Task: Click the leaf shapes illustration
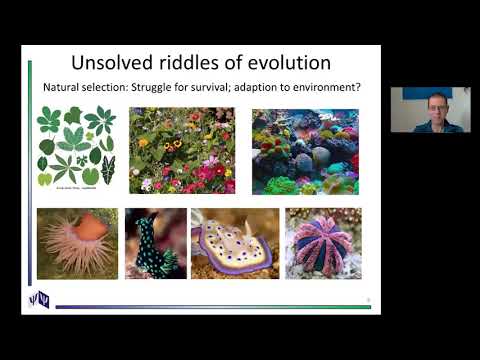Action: [76, 148]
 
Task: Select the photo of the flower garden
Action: [182, 150]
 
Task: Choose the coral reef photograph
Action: [305, 150]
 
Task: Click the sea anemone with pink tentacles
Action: [77, 242]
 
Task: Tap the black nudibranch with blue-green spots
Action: [155, 243]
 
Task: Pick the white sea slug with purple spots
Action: [234, 243]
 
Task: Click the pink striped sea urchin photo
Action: [323, 243]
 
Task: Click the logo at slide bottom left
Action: [37, 297]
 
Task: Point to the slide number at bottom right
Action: [368, 298]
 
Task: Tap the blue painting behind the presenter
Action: [413, 93]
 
